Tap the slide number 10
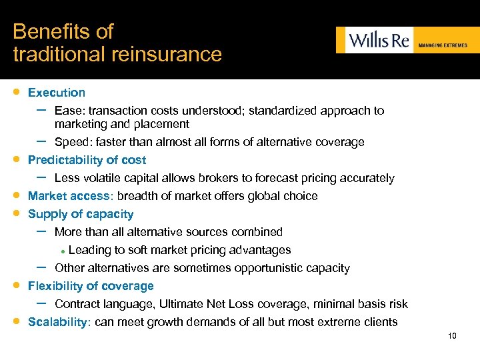tap(452, 336)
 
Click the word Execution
tap(57, 93)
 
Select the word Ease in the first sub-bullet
tap(67, 111)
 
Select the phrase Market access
tap(69, 196)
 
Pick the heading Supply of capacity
tap(81, 214)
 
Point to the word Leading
tap(88, 250)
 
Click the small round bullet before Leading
tap(62, 251)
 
